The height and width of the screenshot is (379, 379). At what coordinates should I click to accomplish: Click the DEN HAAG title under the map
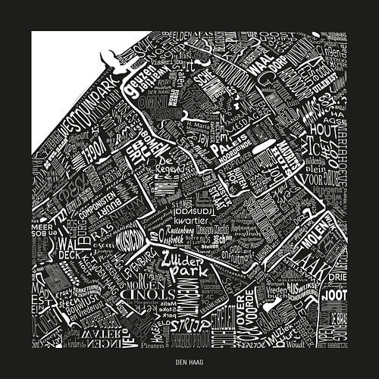click(189, 362)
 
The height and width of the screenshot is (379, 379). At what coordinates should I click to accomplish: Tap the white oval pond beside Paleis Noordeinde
click(268, 148)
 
